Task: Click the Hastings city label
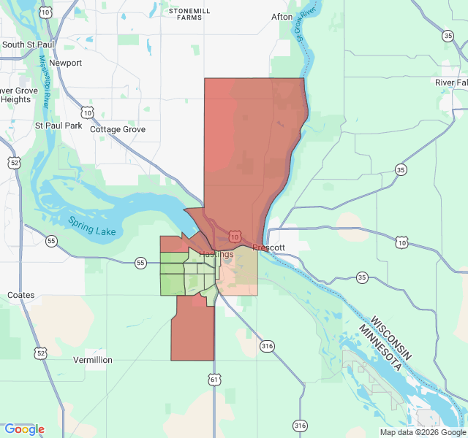216,254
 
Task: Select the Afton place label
282,17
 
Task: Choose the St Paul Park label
58,126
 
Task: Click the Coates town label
20,295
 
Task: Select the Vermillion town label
93,360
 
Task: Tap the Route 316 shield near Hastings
267,346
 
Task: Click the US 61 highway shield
214,380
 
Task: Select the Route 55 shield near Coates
50,240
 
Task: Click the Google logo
24,429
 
